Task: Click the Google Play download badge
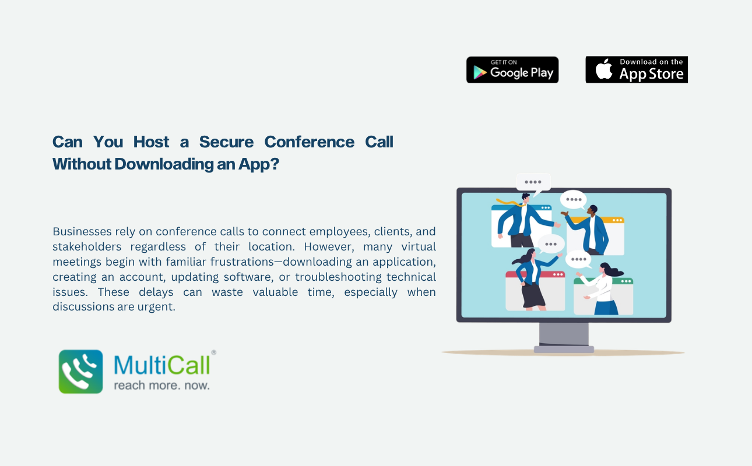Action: [x=512, y=70]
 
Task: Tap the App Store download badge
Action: [x=637, y=69]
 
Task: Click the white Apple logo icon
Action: [x=603, y=69]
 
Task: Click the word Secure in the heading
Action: [x=226, y=142]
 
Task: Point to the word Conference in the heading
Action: [x=309, y=142]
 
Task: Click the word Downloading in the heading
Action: [x=164, y=164]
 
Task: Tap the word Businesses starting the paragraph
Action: [x=82, y=231]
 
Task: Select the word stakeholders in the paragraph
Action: [x=87, y=246]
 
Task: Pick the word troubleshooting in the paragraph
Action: [x=338, y=277]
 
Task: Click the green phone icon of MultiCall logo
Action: [x=81, y=372]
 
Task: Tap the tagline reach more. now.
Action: [x=162, y=385]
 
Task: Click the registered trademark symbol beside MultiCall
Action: [x=214, y=352]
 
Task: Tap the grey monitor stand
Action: [x=564, y=337]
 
